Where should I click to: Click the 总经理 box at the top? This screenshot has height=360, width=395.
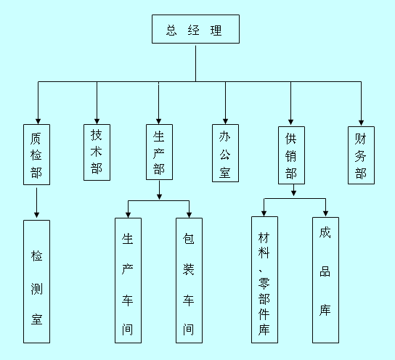click(x=195, y=29)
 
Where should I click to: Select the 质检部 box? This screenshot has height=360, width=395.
click(x=36, y=155)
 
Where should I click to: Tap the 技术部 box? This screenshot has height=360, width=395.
click(x=97, y=152)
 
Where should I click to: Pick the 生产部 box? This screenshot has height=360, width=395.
click(x=159, y=152)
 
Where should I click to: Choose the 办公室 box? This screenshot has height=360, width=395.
click(x=225, y=153)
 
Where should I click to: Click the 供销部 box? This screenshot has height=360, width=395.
click(x=291, y=155)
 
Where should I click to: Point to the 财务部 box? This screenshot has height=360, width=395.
click(x=361, y=155)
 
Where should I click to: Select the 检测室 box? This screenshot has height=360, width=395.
click(x=36, y=282)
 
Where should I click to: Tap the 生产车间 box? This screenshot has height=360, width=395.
click(x=128, y=280)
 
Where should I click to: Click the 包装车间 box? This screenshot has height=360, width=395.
click(x=189, y=280)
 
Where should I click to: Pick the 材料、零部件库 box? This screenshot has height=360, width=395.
click(x=264, y=279)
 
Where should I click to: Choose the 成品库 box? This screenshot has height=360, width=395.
click(x=325, y=280)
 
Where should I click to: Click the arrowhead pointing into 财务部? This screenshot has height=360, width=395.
click(x=361, y=123)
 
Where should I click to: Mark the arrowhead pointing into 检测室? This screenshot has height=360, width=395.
click(x=36, y=215)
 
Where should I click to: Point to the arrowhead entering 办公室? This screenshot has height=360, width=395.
click(x=225, y=121)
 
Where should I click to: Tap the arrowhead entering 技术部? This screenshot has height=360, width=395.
click(x=97, y=121)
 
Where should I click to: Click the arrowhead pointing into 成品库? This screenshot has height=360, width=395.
click(x=325, y=213)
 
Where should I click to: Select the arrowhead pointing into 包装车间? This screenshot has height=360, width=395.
click(x=189, y=215)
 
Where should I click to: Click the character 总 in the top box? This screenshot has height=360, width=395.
click(x=171, y=30)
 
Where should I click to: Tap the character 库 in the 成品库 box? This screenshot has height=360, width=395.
click(x=325, y=310)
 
